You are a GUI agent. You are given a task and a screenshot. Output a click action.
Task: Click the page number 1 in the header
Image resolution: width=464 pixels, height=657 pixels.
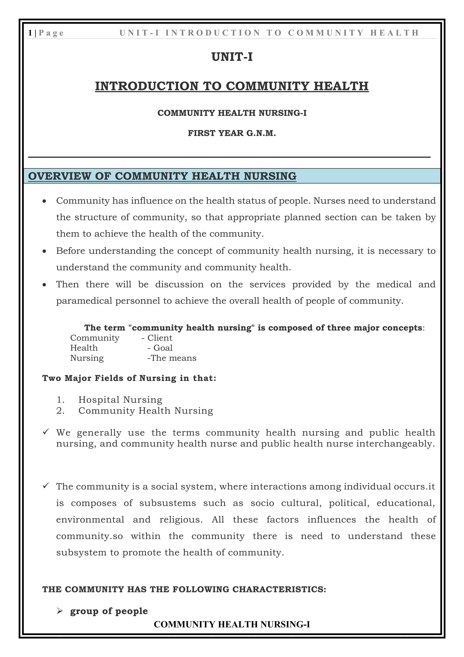click(30, 33)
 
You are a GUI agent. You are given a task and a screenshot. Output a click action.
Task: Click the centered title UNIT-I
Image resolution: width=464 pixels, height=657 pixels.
click(232, 57)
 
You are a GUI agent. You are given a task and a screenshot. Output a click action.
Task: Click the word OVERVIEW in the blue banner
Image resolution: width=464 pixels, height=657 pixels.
click(59, 176)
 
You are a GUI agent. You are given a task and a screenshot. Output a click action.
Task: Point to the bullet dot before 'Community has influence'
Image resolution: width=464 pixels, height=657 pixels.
click(44, 201)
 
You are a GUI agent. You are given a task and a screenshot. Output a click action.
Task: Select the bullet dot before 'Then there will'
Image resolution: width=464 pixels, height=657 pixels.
click(44, 285)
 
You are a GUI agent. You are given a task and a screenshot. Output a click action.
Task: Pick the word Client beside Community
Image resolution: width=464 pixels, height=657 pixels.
click(160, 338)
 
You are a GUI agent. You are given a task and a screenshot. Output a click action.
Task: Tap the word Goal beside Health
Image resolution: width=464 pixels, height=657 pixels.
click(163, 348)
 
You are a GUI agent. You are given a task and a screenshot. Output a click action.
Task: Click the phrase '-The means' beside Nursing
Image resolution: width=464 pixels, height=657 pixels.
click(172, 358)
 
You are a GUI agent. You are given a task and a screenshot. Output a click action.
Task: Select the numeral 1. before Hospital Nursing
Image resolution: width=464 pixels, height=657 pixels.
click(60, 400)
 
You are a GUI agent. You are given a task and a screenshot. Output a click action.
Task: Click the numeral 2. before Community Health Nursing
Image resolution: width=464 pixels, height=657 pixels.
click(60, 411)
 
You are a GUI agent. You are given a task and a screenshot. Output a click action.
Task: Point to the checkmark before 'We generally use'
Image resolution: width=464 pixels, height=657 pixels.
click(46, 431)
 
